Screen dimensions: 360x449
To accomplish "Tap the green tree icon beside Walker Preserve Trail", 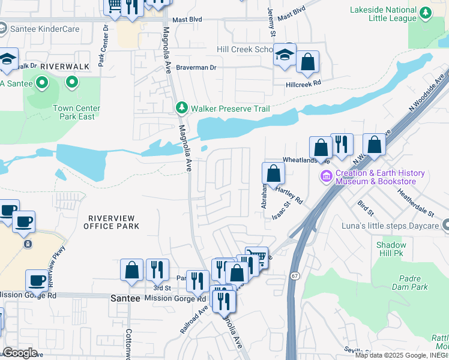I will click(182, 108).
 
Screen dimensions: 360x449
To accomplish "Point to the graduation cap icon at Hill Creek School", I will click(285, 56).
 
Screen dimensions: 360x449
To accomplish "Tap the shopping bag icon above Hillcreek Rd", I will click(307, 62).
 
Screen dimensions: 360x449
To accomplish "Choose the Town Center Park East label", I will click(74, 112).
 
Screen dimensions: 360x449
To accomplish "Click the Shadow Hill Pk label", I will click(391, 249).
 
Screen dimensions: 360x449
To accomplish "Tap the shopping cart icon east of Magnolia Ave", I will click(257, 257).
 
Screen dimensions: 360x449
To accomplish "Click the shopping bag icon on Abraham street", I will click(273, 173).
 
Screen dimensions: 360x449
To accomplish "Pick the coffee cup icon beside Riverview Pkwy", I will click(37, 280).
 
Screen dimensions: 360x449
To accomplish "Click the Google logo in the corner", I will click(20, 353).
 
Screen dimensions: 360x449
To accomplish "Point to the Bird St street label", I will click(366, 209).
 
